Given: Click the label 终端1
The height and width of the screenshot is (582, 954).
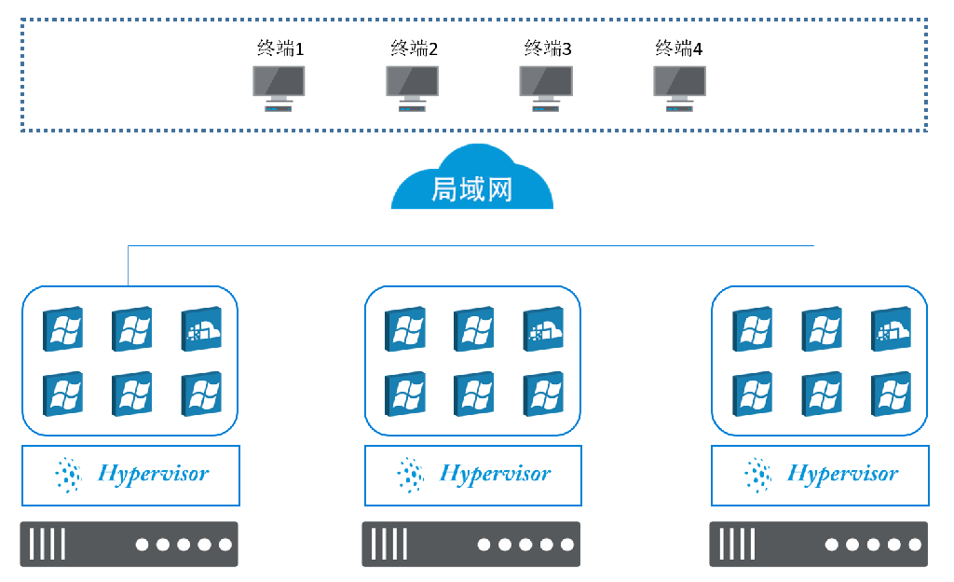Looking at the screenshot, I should click(280, 48).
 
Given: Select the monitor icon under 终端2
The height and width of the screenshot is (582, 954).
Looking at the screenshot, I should click(412, 87).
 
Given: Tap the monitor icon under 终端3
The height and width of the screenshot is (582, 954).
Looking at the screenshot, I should click(546, 87).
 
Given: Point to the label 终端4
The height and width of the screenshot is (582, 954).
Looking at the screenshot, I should click(679, 48).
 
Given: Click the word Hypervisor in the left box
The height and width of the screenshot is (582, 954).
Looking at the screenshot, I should click(153, 474).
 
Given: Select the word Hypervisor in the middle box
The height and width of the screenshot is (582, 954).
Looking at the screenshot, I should click(495, 474).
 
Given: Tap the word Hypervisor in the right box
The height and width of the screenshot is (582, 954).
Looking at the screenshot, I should click(842, 474).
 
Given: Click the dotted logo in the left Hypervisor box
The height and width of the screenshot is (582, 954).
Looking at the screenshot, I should click(68, 475).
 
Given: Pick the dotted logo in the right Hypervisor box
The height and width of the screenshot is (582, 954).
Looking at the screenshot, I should click(757, 475).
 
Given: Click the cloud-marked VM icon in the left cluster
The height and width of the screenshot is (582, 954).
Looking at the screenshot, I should click(201, 329).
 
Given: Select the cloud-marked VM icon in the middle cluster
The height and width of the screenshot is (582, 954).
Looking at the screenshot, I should click(543, 329).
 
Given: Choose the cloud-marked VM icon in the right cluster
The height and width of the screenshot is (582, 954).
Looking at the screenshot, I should click(891, 329).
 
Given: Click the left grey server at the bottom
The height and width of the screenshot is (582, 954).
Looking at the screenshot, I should click(129, 544).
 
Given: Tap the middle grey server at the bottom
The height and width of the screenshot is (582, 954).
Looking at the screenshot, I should click(471, 544).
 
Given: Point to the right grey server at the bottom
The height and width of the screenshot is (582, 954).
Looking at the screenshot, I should click(819, 544).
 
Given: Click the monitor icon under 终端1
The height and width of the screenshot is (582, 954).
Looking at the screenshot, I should click(279, 87).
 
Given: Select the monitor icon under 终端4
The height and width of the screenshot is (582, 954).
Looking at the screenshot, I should click(679, 87).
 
